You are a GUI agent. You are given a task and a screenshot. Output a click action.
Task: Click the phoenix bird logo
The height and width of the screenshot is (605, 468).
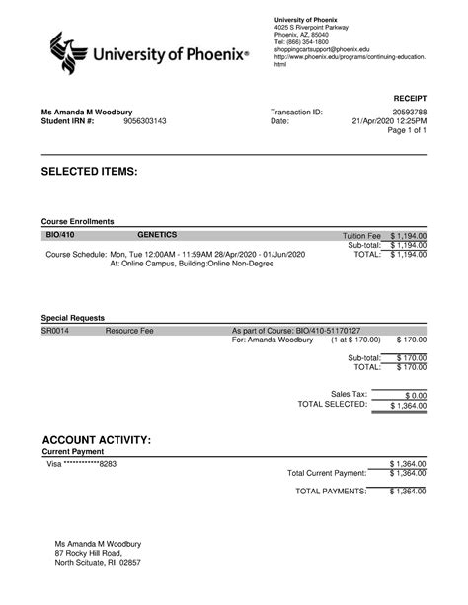tap(67, 54)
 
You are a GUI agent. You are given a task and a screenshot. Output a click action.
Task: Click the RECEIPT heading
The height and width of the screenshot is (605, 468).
tap(408, 99)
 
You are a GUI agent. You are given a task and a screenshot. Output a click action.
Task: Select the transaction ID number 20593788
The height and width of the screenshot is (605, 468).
tap(406, 112)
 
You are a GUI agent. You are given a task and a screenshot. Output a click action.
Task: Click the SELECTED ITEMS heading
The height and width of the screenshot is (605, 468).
tap(89, 172)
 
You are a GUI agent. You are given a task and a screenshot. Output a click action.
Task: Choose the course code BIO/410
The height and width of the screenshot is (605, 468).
tap(59, 236)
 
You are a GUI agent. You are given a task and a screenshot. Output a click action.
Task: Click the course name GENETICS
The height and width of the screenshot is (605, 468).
tap(157, 236)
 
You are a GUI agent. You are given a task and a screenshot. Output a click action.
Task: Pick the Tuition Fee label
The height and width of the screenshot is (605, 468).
tap(361, 237)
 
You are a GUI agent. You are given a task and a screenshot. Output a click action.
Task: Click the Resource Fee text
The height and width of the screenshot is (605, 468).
tap(128, 331)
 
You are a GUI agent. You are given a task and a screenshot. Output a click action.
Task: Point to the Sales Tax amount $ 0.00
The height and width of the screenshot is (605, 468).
tap(410, 393)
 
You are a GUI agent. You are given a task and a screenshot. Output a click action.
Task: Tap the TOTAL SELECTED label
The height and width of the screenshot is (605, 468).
tap(333, 404)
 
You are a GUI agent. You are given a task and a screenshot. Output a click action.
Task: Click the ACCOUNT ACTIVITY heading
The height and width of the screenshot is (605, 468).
tap(97, 438)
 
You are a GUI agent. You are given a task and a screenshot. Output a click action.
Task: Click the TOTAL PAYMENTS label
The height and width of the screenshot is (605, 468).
tap(332, 491)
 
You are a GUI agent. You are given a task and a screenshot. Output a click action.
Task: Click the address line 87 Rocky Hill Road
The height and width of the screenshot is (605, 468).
tap(94, 554)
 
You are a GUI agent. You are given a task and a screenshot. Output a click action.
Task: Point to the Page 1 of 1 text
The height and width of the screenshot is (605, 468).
tap(406, 131)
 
